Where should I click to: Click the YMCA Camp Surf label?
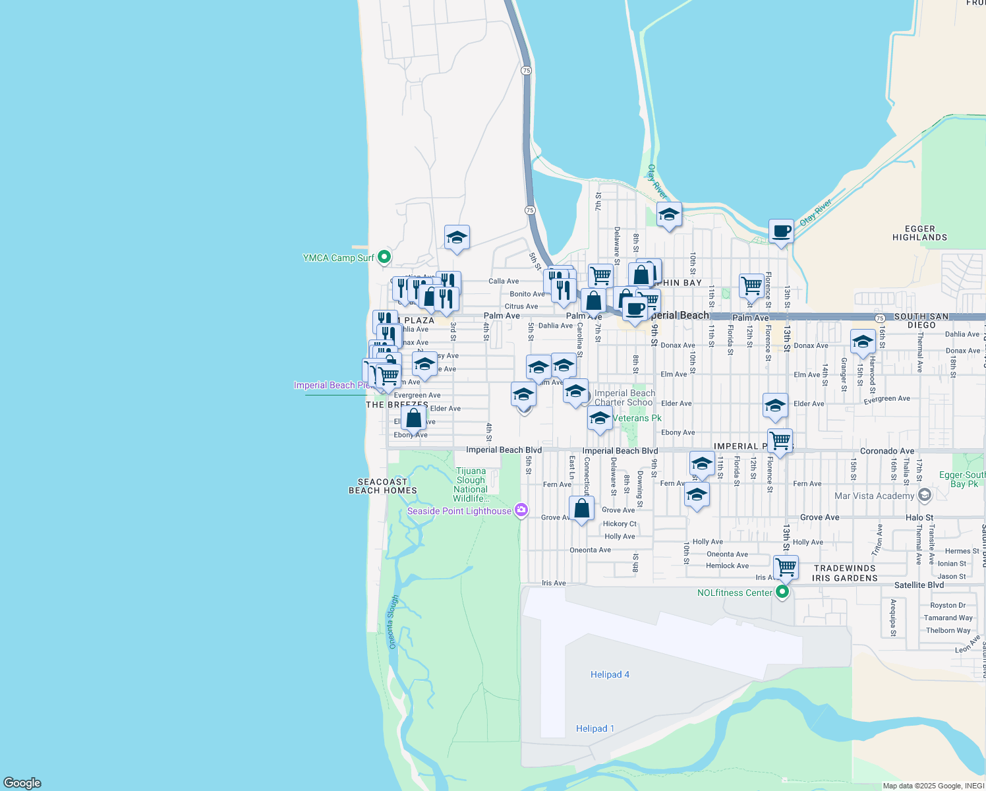click(338, 258)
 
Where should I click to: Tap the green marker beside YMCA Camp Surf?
click(384, 257)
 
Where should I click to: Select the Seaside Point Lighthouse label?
click(459, 511)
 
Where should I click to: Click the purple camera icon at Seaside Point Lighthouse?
click(521, 510)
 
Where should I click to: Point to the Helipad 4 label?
click(610, 674)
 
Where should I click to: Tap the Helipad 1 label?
click(595, 728)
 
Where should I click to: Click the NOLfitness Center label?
click(735, 593)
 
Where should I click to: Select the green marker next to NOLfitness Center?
click(782, 592)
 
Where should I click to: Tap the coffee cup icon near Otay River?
click(781, 231)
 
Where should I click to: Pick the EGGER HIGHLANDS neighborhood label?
click(919, 233)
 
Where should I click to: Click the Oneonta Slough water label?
click(393, 622)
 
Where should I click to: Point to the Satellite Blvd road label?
click(919, 585)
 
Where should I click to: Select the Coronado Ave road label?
click(887, 451)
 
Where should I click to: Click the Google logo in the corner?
click(22, 783)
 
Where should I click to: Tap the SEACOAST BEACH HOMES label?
click(383, 486)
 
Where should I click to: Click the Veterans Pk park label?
click(637, 418)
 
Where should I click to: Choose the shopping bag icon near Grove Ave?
click(581, 509)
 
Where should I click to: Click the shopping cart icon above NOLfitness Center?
click(786, 566)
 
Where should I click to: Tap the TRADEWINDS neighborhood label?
click(844, 568)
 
